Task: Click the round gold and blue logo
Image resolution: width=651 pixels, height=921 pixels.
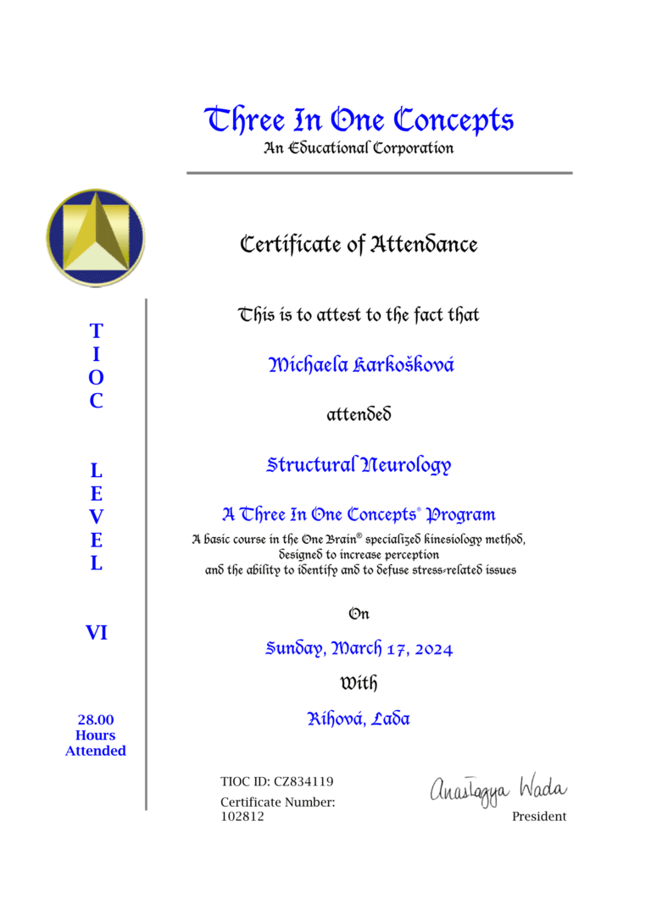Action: [x=95, y=238]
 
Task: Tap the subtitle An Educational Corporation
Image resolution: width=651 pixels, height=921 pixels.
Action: [x=359, y=148]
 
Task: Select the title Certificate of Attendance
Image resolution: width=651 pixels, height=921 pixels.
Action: [x=359, y=245]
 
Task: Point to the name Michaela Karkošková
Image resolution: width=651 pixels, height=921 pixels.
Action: [x=360, y=365]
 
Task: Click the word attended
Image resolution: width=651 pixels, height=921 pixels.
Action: [x=359, y=415]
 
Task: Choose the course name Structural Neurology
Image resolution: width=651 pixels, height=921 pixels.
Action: [x=359, y=465]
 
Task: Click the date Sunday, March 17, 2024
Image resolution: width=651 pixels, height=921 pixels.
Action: [x=359, y=649]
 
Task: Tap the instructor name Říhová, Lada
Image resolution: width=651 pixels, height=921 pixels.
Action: [x=359, y=719]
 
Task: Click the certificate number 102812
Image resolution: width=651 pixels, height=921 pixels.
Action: [x=242, y=817]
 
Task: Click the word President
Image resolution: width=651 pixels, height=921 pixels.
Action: [x=539, y=817]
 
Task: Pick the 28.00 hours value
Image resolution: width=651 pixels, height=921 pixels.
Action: [x=96, y=720]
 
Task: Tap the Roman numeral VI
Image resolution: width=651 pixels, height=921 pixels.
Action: [x=97, y=632]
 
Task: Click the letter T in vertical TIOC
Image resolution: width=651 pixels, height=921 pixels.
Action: [x=97, y=330]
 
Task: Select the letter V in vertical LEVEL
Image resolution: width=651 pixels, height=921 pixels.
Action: [x=97, y=516]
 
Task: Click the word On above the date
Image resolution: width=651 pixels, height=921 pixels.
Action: [x=359, y=613]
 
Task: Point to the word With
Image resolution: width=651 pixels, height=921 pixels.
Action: [x=359, y=682]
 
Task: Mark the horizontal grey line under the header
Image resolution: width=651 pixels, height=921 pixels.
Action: [x=379, y=173]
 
